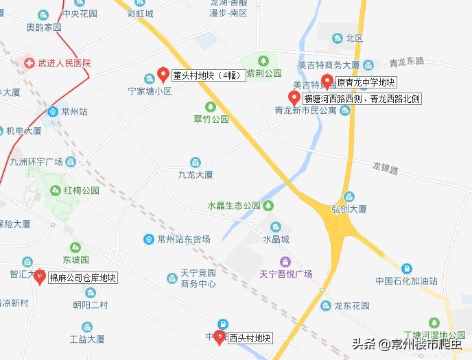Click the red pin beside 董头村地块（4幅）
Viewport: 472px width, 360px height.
click(x=163, y=74)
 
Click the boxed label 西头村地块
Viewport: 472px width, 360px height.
click(x=250, y=338)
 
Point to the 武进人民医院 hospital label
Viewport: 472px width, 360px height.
click(x=64, y=63)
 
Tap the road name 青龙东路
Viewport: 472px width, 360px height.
click(x=408, y=62)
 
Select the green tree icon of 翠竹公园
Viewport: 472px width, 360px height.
click(x=211, y=106)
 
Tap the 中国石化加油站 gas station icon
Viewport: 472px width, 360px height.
click(x=407, y=268)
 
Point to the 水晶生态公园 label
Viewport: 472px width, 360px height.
click(x=234, y=206)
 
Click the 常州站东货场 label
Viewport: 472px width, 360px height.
click(x=183, y=239)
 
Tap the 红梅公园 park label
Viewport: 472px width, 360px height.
click(x=82, y=190)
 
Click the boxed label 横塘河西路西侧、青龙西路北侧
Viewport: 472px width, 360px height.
click(x=362, y=99)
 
